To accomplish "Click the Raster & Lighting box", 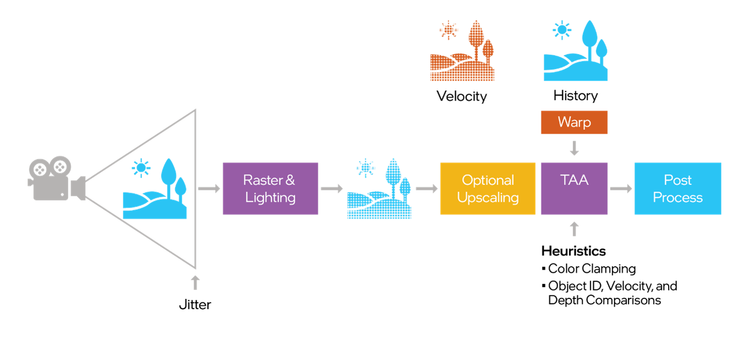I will click(x=270, y=188).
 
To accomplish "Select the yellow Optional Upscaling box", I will click(x=487, y=188).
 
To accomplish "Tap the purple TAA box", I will click(x=574, y=188).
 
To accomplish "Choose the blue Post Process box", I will click(x=677, y=188).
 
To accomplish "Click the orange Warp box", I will click(x=574, y=122).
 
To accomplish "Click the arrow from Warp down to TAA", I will click(x=574, y=148).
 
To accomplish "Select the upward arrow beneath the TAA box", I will click(x=574, y=229).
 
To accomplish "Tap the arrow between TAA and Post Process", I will click(x=621, y=188).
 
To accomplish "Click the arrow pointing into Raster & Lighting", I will click(x=209, y=188).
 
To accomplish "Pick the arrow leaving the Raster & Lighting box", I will click(x=332, y=188).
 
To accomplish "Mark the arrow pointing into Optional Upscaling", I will click(x=426, y=188).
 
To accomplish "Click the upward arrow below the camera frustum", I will click(x=195, y=282).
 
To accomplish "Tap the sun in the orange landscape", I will click(x=448, y=30).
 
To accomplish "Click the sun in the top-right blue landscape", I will click(x=561, y=30).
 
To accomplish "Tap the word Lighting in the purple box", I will click(x=270, y=197).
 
